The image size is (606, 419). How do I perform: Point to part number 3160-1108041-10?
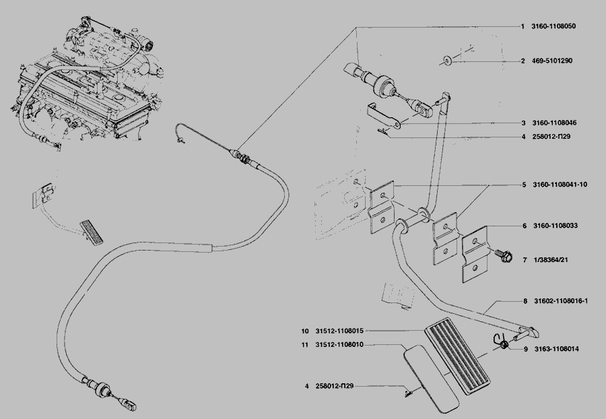tap(560, 185)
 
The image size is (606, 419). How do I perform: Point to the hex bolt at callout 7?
tap(502, 255)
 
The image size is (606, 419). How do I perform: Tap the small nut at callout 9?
tap(504, 346)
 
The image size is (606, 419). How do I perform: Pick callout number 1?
tap(522, 26)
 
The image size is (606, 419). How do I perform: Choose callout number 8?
tap(525, 301)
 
